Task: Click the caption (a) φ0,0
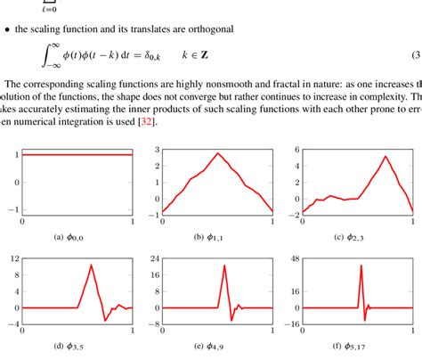pos(77,239)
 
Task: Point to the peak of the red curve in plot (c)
pos(384,157)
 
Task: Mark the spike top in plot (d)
pos(91,265)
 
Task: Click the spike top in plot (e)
pos(223,265)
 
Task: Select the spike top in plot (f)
pos(361,265)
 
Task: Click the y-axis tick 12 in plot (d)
pos(12,259)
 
